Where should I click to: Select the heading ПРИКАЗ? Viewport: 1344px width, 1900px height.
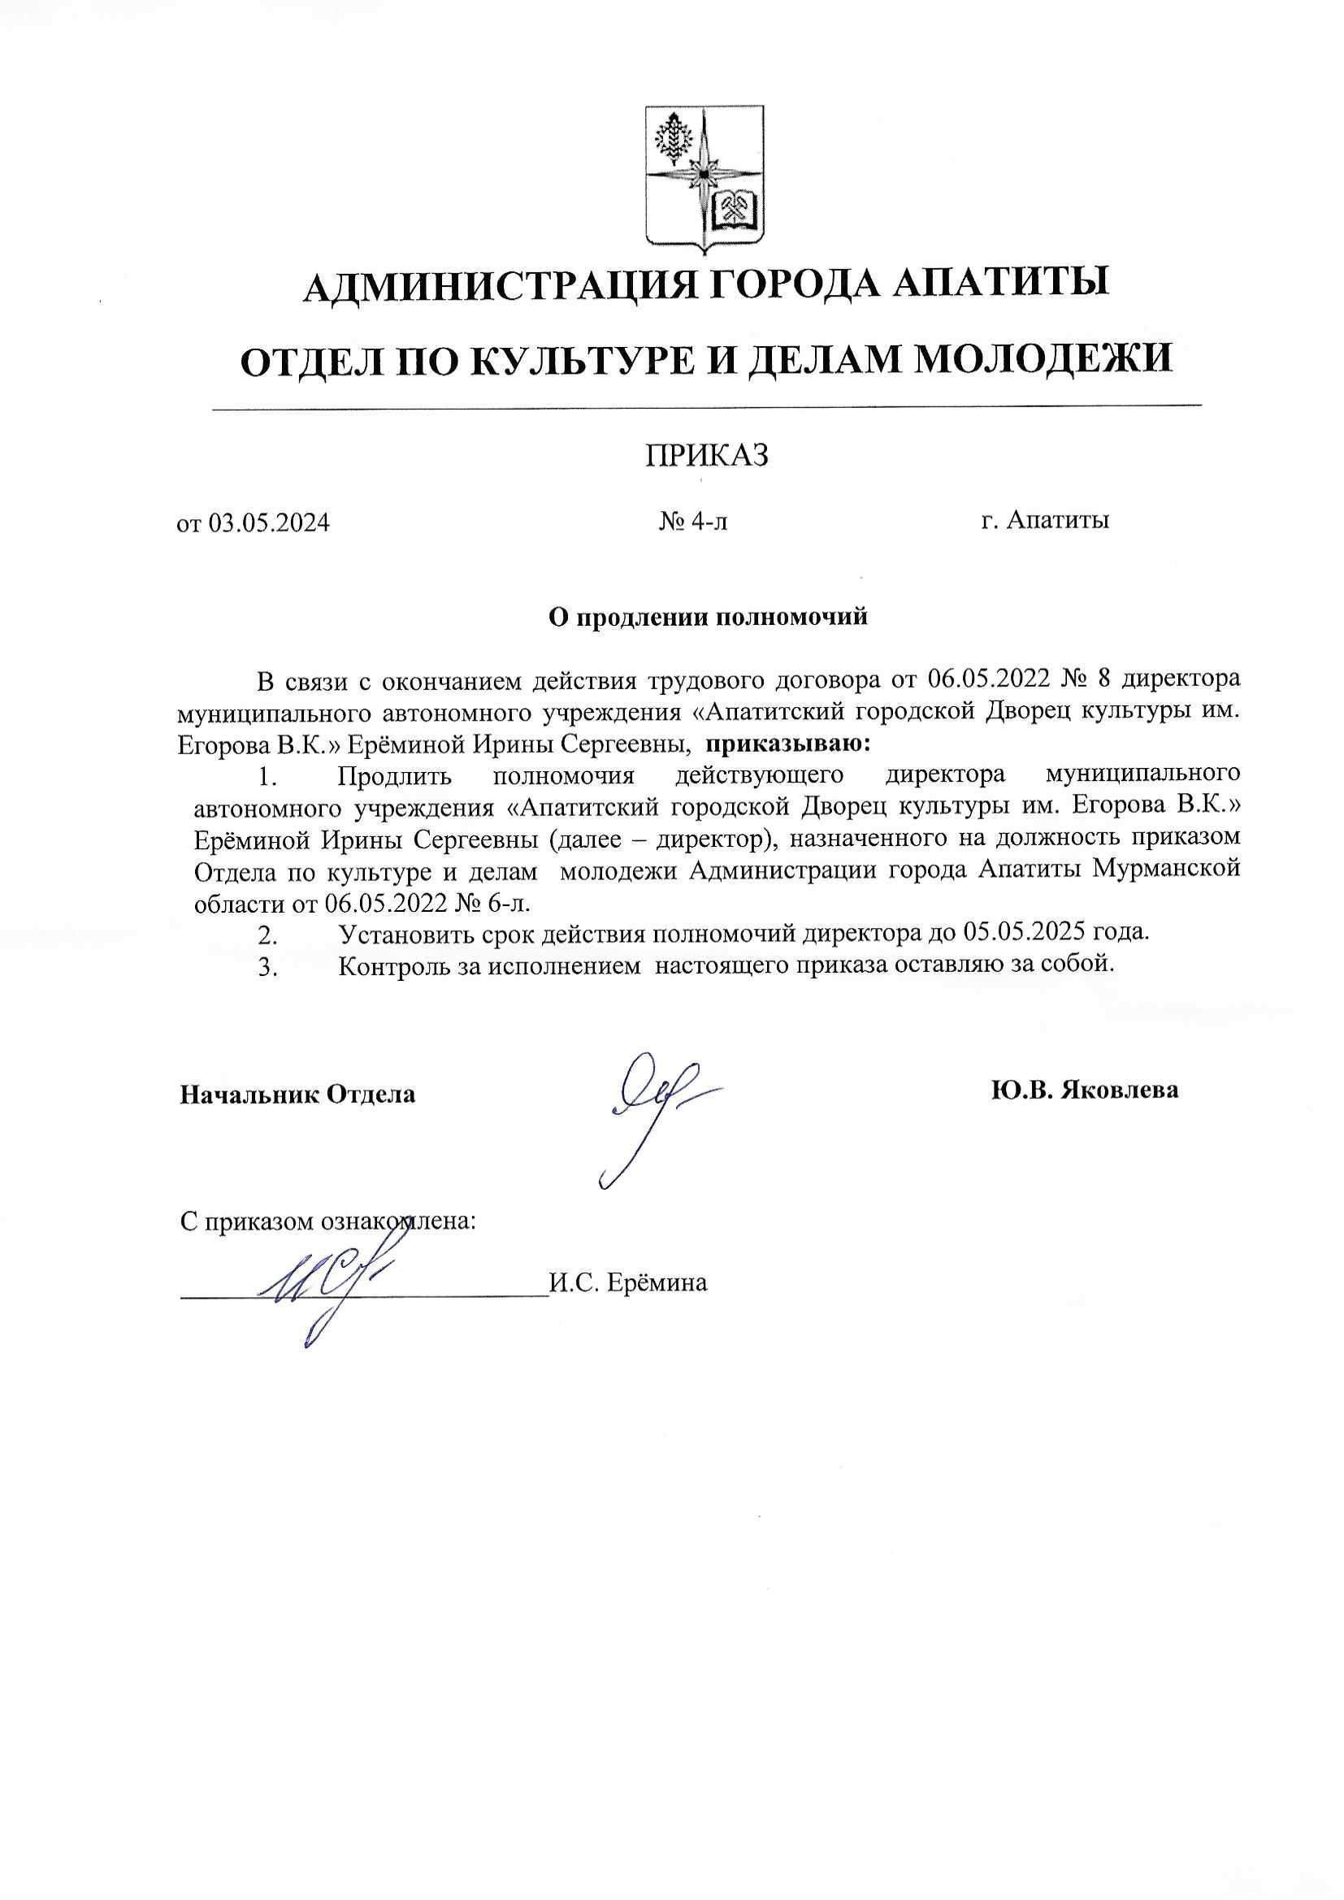tap(707, 455)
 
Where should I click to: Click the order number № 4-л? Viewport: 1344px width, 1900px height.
tap(693, 522)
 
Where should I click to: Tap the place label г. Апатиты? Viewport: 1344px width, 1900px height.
tap(1044, 521)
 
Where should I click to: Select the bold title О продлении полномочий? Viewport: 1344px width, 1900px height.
tap(708, 617)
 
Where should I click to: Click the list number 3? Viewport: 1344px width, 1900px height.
tap(267, 966)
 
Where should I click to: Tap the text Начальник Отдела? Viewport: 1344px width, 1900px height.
tap(298, 1094)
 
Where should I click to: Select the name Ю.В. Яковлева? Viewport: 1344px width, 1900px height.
tap(1084, 1090)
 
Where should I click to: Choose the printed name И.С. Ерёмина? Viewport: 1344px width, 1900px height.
tap(628, 1283)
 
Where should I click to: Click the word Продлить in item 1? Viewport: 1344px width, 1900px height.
tap(394, 776)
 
